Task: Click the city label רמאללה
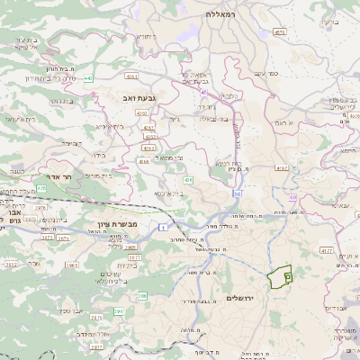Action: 219,14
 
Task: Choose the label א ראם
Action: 283,121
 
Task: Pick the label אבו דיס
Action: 336,308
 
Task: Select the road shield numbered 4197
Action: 282,168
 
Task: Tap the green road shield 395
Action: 118,311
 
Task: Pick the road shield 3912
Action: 11,265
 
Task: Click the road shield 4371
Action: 280,31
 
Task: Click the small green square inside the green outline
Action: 288,278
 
